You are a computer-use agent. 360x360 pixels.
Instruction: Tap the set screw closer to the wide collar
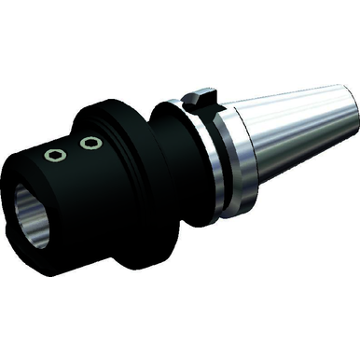coord(90,143)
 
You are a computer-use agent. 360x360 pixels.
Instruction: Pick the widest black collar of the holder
coord(131,177)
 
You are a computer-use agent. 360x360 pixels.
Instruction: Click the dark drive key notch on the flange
coord(200,96)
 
